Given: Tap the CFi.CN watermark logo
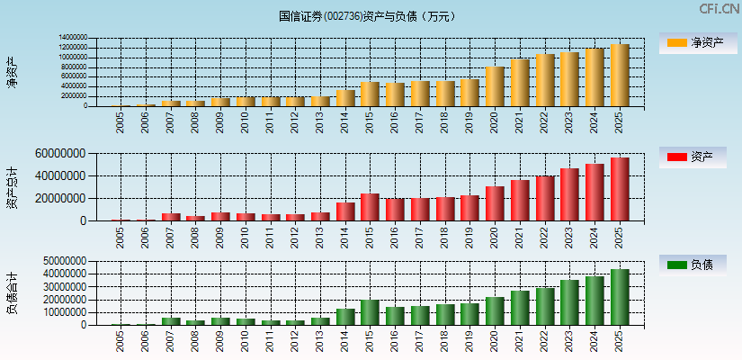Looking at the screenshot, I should point(719,9).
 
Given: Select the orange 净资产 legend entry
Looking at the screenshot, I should point(698,43).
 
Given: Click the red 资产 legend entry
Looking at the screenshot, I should point(698,157).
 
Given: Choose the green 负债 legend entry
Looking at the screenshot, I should point(698,265).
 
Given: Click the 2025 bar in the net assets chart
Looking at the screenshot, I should point(620,76).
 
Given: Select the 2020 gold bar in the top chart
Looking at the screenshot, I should point(495,86).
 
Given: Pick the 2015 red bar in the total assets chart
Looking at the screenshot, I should point(370,207).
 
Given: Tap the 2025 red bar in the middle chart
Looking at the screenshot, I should point(620,189).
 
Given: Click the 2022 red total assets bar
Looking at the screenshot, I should point(545,198).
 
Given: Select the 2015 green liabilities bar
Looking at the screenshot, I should point(370,312).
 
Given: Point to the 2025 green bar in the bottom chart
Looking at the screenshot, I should point(620,297).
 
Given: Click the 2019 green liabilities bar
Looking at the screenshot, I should point(469,314).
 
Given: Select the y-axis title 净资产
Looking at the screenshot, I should point(13,72).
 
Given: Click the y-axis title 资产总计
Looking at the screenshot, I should point(13,186).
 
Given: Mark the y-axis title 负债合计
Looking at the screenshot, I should point(13,292).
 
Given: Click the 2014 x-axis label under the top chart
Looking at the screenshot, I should point(346,121).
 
